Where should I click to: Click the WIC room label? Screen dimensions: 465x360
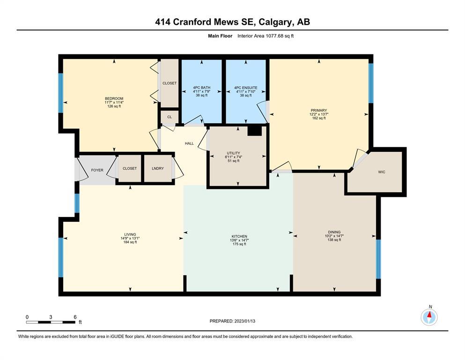[382, 172]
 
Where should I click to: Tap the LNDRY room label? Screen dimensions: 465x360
[158, 168]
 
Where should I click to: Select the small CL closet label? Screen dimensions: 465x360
[170, 117]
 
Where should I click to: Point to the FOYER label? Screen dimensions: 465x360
[97, 170]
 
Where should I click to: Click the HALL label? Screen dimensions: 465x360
[189, 143]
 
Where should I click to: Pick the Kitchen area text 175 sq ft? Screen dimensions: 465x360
[239, 244]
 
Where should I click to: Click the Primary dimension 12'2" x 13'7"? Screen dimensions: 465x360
[319, 114]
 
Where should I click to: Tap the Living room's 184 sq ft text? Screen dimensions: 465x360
[130, 242]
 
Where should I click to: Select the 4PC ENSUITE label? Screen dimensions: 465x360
[245, 88]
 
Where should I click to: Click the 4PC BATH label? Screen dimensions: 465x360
[202, 88]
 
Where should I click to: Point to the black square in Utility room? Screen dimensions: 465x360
[254, 131]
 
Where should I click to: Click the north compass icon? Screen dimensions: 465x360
[429, 317]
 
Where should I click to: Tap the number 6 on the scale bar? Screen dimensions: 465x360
[75, 317]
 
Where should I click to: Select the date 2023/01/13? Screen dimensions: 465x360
[244, 321]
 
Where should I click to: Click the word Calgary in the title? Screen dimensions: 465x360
[275, 22]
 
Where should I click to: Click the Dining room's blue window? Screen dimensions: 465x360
[378, 259]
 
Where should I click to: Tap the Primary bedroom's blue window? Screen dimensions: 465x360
[371, 83]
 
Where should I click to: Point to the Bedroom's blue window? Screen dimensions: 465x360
[61, 93]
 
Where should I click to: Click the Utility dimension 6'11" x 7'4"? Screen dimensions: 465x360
[233, 157]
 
